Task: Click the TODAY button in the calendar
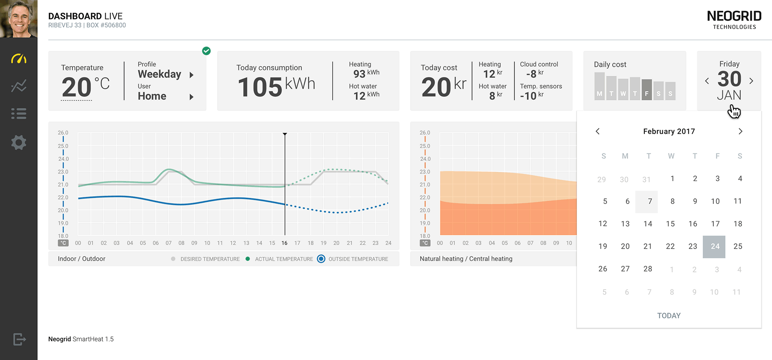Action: [x=668, y=316]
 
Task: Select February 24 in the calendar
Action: [x=715, y=246]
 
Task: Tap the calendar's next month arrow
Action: [x=740, y=132]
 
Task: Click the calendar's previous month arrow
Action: [x=597, y=132]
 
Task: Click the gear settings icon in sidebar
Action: [x=18, y=143]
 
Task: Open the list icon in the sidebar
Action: [x=18, y=114]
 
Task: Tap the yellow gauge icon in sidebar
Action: [x=18, y=58]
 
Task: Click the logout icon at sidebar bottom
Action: [x=19, y=339]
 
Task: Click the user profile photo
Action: [x=18, y=19]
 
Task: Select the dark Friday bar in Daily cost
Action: [x=647, y=89]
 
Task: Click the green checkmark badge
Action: [x=206, y=51]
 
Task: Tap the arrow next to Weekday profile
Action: [x=191, y=75]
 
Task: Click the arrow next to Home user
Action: [x=191, y=97]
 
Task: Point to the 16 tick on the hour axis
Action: [x=285, y=243]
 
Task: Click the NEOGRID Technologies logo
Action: [x=734, y=20]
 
